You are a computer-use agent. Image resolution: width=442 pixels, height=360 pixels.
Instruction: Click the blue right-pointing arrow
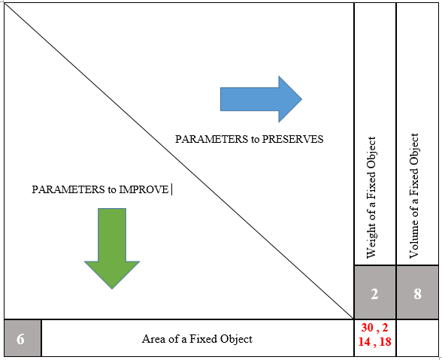tap(261, 99)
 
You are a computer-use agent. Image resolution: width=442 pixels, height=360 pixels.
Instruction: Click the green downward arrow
tap(112, 248)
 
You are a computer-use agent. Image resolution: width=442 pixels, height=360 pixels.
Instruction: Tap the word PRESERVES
tap(292, 139)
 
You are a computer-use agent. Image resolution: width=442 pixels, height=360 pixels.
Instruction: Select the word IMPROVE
tap(144, 189)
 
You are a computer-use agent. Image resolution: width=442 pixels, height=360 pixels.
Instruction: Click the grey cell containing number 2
tap(374, 292)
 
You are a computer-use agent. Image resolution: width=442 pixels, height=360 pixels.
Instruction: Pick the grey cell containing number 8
tap(417, 292)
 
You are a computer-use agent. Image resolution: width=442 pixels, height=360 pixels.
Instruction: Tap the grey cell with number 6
tap(23, 338)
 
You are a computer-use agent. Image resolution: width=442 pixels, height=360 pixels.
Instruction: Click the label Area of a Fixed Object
tap(197, 339)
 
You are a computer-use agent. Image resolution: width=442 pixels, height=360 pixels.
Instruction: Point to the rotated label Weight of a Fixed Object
tap(371, 198)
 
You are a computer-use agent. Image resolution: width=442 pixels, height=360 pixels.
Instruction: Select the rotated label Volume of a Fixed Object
tap(413, 195)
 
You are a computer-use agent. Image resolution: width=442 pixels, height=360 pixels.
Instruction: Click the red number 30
tap(367, 328)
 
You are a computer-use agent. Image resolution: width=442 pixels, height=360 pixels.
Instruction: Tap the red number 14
tap(364, 342)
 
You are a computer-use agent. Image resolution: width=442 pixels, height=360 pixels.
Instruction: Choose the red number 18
tap(386, 342)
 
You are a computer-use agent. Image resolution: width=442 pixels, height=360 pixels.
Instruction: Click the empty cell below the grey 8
tap(417, 338)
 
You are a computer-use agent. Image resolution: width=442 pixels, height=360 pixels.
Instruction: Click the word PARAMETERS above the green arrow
tap(68, 189)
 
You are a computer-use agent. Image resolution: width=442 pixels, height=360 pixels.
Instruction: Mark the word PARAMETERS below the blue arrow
tap(211, 139)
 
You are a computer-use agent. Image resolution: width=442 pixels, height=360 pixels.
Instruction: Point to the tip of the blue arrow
tap(302, 99)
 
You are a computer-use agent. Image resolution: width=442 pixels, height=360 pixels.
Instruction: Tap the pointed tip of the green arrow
tap(112, 289)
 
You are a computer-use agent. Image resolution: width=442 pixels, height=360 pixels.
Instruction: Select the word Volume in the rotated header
tap(413, 237)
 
